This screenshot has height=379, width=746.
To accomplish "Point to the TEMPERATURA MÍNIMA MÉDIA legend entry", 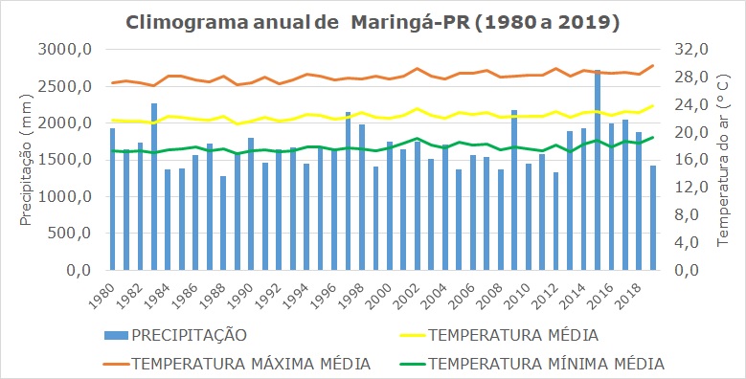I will [x=546, y=364].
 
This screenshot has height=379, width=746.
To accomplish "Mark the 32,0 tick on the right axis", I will [x=692, y=50].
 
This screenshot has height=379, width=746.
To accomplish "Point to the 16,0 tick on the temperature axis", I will [x=692, y=160].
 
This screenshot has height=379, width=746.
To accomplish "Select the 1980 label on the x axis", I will [x=102, y=292].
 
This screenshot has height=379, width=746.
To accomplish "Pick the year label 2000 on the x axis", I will [x=380, y=292].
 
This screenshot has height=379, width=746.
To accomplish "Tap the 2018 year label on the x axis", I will [x=630, y=292].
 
